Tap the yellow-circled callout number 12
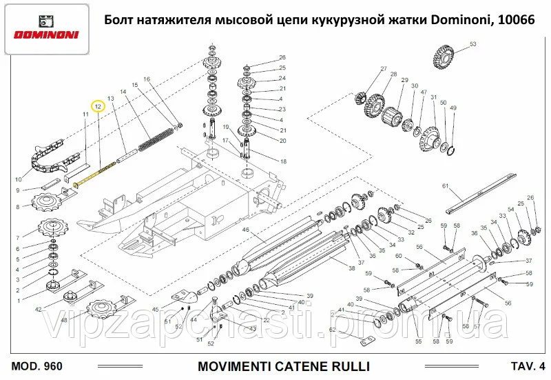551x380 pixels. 98,106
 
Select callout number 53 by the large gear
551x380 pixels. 473,44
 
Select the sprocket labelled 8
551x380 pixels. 46,203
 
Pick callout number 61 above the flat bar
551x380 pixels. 446,186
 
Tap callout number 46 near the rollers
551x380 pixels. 245,230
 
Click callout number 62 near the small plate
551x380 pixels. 332,330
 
